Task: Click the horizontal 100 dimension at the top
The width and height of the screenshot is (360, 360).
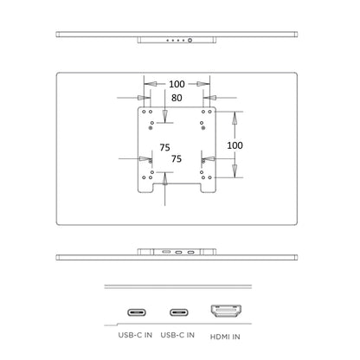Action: point(177,84)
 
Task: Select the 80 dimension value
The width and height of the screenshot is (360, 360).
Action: point(177,98)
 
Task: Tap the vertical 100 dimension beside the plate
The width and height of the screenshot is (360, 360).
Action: point(235,145)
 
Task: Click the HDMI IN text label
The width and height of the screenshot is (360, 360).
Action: point(225,337)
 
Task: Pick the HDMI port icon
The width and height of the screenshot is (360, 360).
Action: point(226,311)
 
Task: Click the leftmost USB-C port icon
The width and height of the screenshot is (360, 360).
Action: point(137,312)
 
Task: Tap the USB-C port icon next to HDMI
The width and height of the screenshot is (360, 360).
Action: point(179,312)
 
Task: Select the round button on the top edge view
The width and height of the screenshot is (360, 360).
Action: point(190,40)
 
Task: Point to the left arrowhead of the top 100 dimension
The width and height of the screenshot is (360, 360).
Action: point(151,84)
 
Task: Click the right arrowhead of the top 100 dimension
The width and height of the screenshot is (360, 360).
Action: point(203,84)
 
